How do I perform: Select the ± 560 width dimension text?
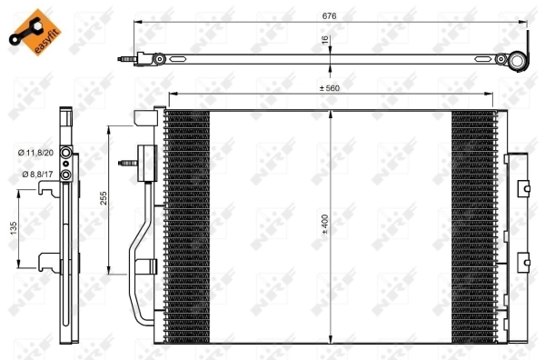pos(330,88)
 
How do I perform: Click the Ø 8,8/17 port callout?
pos(32,173)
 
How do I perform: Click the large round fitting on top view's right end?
pos(517,61)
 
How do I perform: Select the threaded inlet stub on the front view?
pos(127,165)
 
